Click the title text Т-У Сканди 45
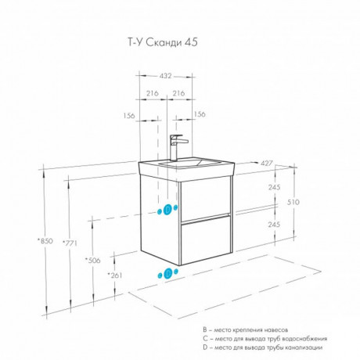click(163, 42)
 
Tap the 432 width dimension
click(165, 76)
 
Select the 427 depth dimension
click(267, 164)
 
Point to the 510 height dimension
click(293, 202)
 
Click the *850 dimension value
click(45, 241)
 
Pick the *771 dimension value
click(70, 243)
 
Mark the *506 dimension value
click(93, 260)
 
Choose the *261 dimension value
click(115, 275)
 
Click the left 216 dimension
click(152, 93)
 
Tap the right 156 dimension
click(200, 114)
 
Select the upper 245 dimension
click(274, 187)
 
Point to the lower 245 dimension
click(274, 225)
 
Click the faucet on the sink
click(177, 148)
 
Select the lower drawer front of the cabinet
click(206, 240)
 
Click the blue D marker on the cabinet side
click(167, 210)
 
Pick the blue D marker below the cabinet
click(168, 273)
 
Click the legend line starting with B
click(246, 330)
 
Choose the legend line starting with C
click(265, 339)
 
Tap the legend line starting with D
click(263, 347)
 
